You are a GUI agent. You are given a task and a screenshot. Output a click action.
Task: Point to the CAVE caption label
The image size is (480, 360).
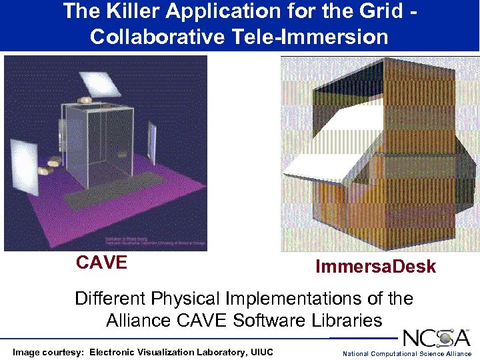click(x=101, y=263)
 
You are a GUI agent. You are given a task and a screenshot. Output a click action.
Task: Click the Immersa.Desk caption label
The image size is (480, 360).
click(x=375, y=267)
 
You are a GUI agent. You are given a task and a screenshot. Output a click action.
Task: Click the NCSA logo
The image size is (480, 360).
click(x=436, y=337)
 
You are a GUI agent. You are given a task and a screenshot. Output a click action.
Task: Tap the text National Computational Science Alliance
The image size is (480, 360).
click(x=407, y=353)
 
